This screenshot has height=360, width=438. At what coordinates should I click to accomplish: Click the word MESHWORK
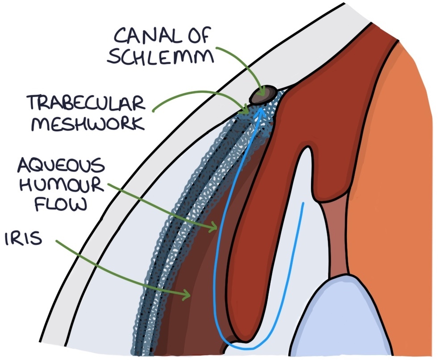tap(87, 123)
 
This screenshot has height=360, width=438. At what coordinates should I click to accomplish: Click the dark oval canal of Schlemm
tap(263, 94)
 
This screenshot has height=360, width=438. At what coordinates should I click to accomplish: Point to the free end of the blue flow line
tap(304, 204)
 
